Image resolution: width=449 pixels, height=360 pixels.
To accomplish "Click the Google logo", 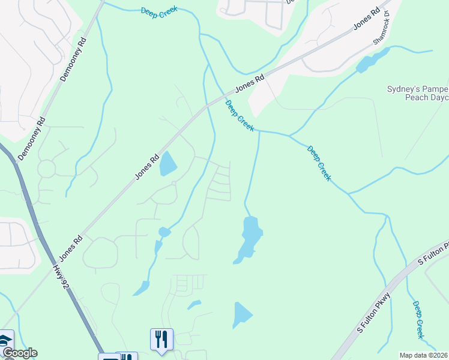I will pyautogui.click(x=19, y=353).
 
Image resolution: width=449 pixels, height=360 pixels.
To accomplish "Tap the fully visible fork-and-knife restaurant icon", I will pyautogui.click(x=161, y=339).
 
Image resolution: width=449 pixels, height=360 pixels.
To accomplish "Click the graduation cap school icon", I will pyautogui.click(x=5, y=340).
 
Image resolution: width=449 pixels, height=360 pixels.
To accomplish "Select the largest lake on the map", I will pyautogui.click(x=250, y=237).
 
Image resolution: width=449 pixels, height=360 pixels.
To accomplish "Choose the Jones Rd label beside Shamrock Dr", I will pyautogui.click(x=367, y=20).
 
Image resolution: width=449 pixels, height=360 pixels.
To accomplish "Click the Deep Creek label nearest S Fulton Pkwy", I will pyautogui.click(x=418, y=320).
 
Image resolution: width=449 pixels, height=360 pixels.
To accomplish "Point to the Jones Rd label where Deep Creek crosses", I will pyautogui.click(x=250, y=83).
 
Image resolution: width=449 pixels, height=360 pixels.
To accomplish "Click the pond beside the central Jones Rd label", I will pyautogui.click(x=168, y=164).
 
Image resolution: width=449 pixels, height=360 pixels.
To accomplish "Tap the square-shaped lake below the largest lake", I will pyautogui.click(x=242, y=314).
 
